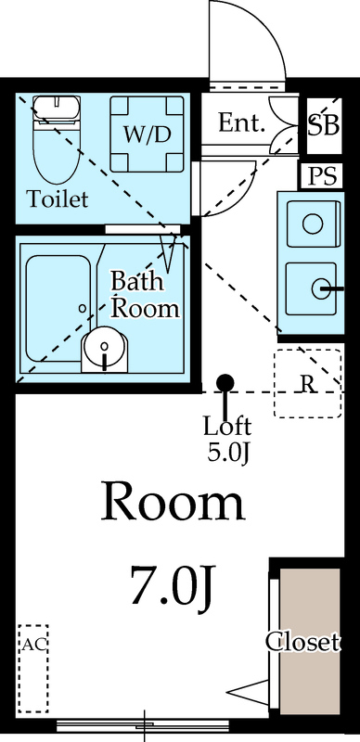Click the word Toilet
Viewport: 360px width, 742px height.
click(58, 198)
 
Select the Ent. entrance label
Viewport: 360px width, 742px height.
click(242, 122)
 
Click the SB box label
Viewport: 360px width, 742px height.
click(324, 125)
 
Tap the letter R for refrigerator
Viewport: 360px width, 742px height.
click(306, 383)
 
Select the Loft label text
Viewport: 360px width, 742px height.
click(227, 428)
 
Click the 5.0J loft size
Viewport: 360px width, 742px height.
click(227, 454)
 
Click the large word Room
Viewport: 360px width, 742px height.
click(174, 502)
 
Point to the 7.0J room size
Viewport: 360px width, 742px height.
click(173, 586)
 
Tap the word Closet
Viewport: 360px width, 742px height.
click(302, 641)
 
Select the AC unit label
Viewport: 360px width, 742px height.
click(33, 643)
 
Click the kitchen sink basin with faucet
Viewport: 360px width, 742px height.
click(312, 288)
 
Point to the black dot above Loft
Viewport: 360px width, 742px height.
click(225, 382)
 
